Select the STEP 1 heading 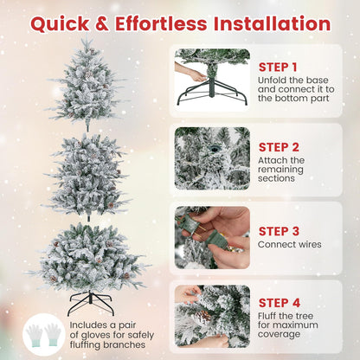(279, 67)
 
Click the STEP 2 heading (279, 146)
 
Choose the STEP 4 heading (279, 303)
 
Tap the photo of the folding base (211, 78)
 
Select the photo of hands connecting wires (211, 236)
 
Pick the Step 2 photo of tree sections (211, 157)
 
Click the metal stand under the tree (90, 302)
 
